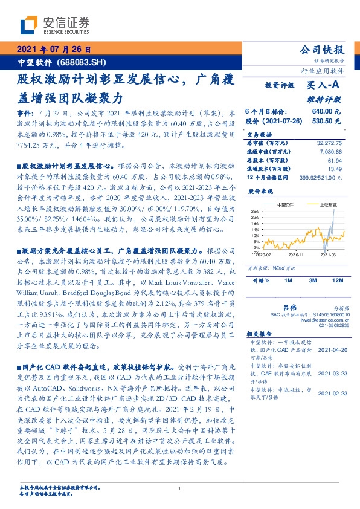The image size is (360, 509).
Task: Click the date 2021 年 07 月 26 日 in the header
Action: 53,50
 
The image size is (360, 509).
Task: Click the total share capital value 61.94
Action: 335,161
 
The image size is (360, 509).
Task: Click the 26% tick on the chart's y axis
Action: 256,211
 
